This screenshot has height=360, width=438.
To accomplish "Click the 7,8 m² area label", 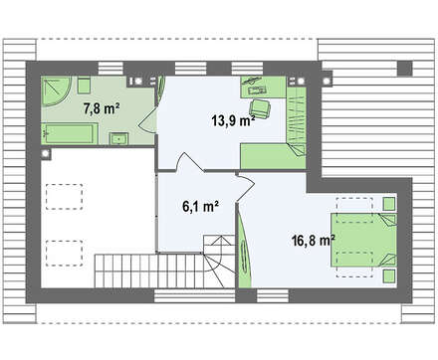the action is tap(102, 108).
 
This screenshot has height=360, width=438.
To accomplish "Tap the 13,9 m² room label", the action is tap(233, 120).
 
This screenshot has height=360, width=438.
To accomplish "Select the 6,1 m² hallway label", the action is tap(200, 206).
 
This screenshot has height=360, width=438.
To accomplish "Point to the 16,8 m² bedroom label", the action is tap(313, 241).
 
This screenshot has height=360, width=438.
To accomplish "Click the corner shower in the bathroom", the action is tap(56, 91).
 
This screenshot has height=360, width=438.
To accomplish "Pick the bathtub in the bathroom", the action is tap(70, 133).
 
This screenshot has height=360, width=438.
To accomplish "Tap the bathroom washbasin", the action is tap(119, 138).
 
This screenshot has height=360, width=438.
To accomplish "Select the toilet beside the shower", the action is tap(84, 86).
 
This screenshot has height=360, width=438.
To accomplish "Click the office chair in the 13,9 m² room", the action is tap(261, 108).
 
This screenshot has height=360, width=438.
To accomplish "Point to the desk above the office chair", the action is tap(263, 88).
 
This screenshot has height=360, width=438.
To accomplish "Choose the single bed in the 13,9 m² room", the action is tap(273, 156).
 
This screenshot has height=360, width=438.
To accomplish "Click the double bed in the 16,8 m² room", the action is tap(363, 240).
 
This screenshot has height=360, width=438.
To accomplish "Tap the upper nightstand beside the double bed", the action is tap(389, 204).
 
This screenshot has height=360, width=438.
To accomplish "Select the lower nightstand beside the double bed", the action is tap(389, 276).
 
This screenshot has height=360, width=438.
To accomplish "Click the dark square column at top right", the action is tap(405, 68).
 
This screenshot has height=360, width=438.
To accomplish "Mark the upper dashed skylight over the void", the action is tap(64, 197).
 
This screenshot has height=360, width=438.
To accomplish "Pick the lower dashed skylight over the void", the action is tap(64, 254).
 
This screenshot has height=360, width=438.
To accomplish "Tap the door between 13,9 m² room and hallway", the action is tap(190, 161).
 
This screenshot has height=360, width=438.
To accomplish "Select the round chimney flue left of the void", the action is tap(46, 153).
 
